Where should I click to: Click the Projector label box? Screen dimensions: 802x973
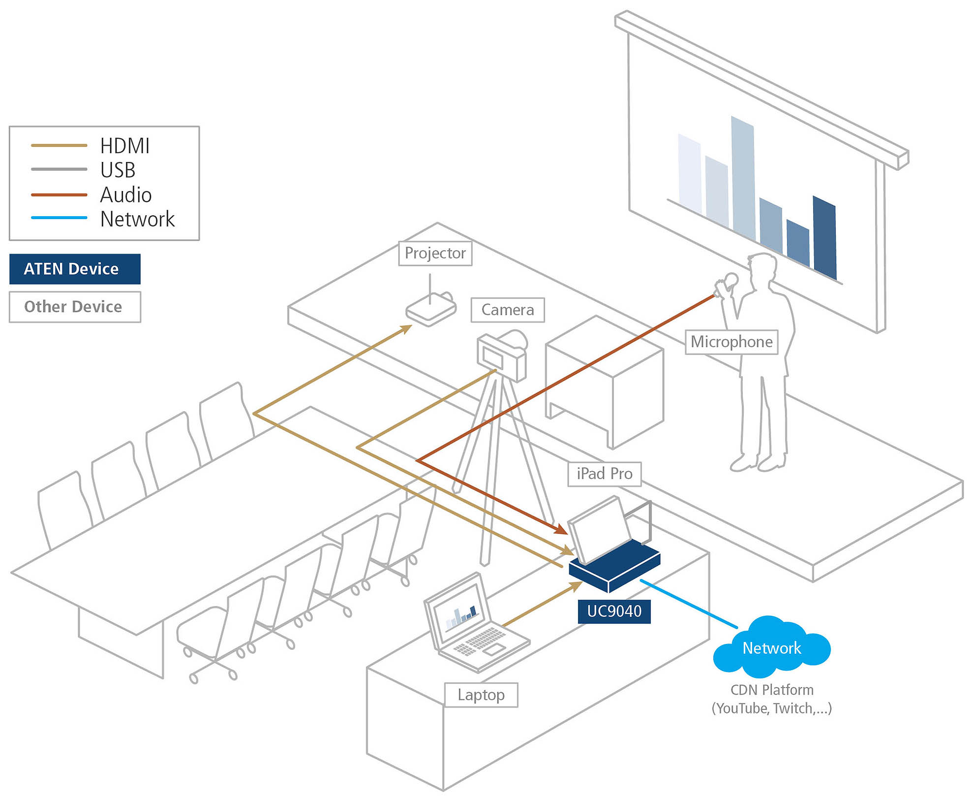(x=435, y=253)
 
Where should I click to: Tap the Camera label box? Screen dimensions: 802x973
(x=507, y=310)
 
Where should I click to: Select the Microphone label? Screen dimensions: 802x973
(x=731, y=342)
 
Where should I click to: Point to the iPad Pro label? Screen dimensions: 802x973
(x=604, y=474)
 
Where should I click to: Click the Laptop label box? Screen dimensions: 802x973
(x=481, y=695)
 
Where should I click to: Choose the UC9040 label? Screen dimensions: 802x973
(x=614, y=611)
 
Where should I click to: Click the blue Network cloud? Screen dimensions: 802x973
(x=771, y=647)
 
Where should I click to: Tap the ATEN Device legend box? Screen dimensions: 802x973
(x=75, y=269)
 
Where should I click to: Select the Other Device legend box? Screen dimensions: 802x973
(x=75, y=307)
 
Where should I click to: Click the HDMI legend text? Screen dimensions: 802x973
(x=124, y=146)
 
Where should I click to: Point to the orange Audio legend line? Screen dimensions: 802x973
(x=59, y=195)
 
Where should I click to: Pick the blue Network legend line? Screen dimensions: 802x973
(x=59, y=218)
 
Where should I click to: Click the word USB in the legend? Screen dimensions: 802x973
(x=118, y=170)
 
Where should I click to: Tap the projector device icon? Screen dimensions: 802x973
(x=431, y=310)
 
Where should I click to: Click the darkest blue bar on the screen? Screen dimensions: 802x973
(x=824, y=239)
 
